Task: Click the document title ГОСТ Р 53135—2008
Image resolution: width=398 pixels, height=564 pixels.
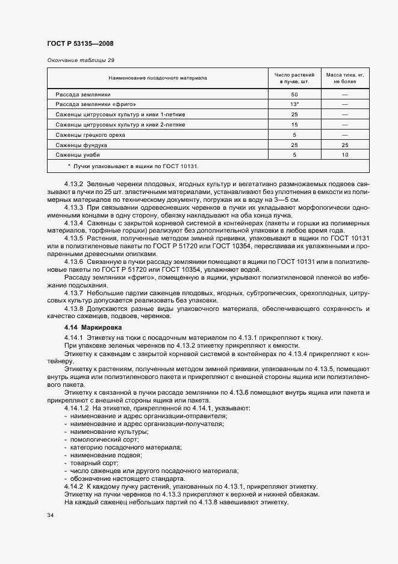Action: [80, 44]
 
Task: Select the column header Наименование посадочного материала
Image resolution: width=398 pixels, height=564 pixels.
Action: [157, 78]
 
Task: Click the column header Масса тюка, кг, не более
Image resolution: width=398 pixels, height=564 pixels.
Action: [345, 78]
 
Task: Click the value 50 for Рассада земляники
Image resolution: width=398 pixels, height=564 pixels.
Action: [294, 95]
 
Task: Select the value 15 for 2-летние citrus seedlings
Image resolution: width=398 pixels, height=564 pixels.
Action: [294, 124]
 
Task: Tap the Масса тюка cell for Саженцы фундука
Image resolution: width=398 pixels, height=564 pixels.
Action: [345, 145]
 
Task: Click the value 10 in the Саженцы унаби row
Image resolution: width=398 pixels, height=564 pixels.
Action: [345, 154]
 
